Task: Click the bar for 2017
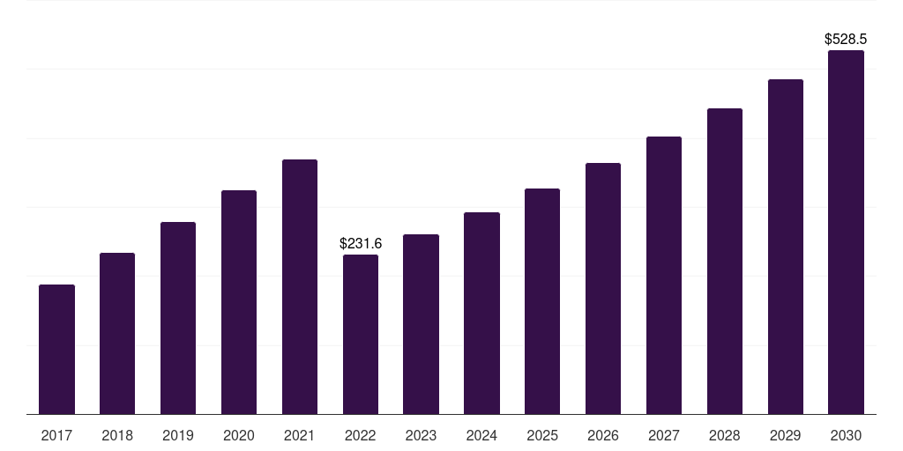[56, 349]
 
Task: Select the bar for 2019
[178, 318]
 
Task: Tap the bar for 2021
[300, 286]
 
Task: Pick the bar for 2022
[361, 334]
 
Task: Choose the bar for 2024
[482, 313]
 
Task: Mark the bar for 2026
[603, 288]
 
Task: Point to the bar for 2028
[725, 261]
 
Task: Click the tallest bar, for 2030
[846, 232]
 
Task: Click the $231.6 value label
[361, 243]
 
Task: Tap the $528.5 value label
[846, 39]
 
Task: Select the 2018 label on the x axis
[117, 435]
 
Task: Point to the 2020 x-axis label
[239, 435]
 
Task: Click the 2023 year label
[421, 435]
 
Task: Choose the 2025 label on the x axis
[542, 435]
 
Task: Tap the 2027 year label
[664, 435]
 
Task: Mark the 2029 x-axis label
[786, 435]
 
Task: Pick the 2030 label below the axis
[846, 435]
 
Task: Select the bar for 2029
[786, 247]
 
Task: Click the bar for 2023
[421, 324]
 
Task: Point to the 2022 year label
[361, 435]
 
